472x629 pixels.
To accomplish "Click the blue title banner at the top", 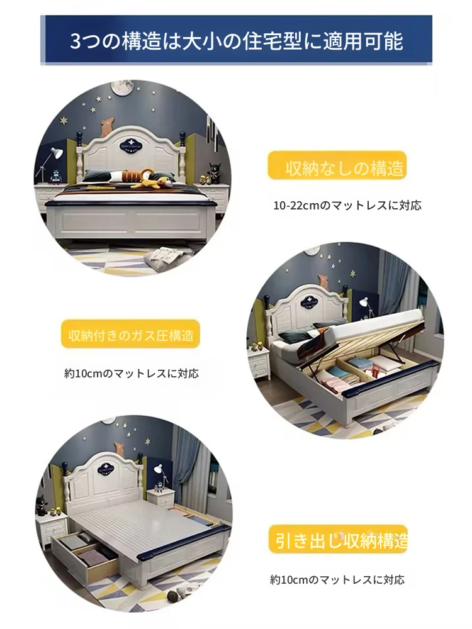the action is [237, 40].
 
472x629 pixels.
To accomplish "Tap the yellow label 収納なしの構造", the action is [337, 165].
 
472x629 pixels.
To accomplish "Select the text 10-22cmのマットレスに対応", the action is [347, 206].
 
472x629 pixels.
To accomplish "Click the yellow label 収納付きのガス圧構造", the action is [130, 334].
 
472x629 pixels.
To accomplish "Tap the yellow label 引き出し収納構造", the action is [338, 539].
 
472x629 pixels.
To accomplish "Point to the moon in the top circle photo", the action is [123, 87].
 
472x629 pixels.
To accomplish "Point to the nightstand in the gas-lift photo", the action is [258, 361].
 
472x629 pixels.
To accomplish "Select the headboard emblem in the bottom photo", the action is [106, 469].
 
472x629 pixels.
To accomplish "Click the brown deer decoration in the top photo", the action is [106, 127].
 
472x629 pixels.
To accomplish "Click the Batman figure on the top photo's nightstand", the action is [215, 173].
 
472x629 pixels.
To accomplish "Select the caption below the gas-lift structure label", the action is [132, 374].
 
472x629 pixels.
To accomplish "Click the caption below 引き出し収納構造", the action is [337, 579].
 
